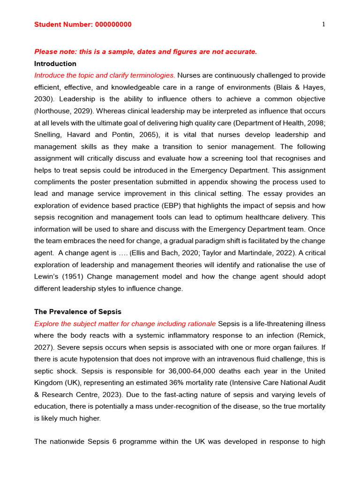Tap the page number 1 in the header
point(323,25)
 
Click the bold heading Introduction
point(55,64)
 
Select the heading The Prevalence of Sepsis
point(78,312)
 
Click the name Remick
point(314,336)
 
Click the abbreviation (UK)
point(69,383)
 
